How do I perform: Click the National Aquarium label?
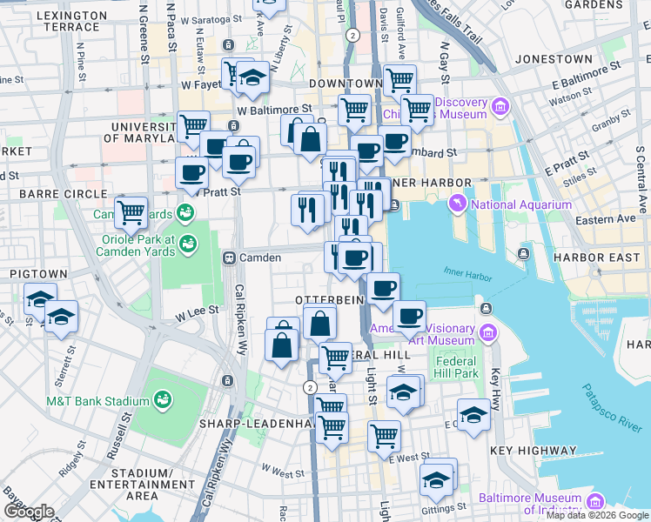tap(521, 205)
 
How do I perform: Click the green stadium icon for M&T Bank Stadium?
tap(161, 399)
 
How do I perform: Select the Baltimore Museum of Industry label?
tap(529, 505)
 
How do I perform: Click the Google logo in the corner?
tap(28, 512)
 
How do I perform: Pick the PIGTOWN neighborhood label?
tap(32, 273)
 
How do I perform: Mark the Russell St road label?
tap(120, 432)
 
